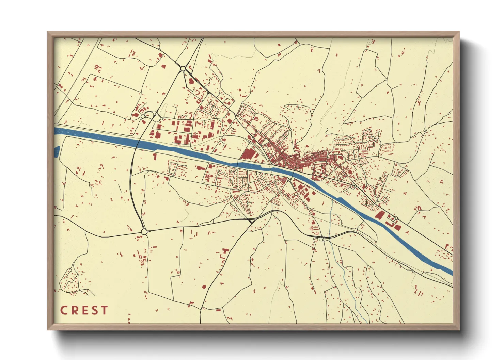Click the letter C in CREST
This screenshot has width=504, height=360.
(x=64, y=310)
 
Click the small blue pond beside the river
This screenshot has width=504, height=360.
(x=57, y=151)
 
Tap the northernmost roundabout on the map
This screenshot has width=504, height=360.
(x=183, y=68)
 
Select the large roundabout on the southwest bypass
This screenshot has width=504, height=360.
(x=144, y=232)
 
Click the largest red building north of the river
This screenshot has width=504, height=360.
(x=248, y=154)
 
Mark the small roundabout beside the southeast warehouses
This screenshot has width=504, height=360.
(x=396, y=218)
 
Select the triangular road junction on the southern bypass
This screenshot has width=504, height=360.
(x=251, y=221)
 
